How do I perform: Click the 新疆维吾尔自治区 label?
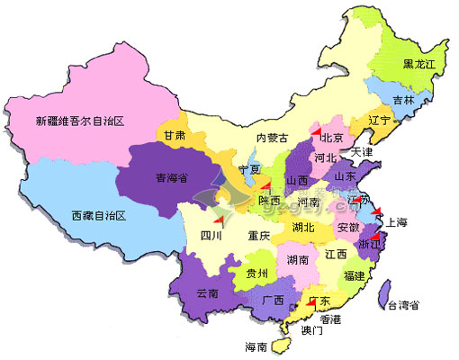[x=79, y=121]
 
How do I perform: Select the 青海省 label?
[x=172, y=178]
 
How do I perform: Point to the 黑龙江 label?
[x=420, y=65]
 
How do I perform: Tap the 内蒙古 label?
[x=273, y=138]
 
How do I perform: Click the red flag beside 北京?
[x=314, y=131]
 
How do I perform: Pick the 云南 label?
[x=207, y=293]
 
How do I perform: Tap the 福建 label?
[x=354, y=275]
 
